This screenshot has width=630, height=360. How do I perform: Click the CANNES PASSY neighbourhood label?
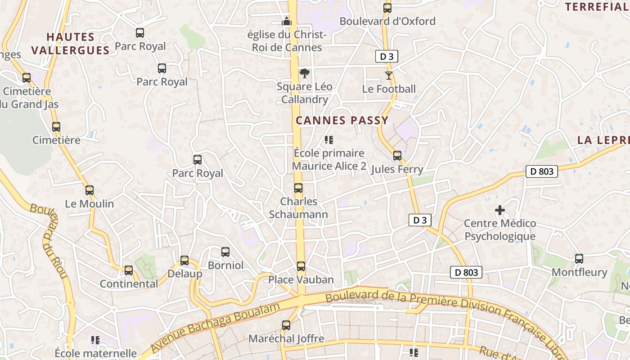[x=342, y=120]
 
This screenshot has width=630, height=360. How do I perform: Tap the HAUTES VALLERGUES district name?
[x=71, y=43]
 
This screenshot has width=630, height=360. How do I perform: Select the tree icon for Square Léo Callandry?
[x=305, y=73]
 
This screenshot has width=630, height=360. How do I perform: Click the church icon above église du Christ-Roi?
[x=286, y=21]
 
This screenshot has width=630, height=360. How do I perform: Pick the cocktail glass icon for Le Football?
[x=389, y=76]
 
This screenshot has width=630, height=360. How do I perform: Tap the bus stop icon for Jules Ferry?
[x=397, y=156]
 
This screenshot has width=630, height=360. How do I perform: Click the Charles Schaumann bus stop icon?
[x=298, y=188]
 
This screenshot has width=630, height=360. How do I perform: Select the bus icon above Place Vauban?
[x=301, y=266]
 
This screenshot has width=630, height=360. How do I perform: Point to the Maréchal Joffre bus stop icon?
[x=286, y=325]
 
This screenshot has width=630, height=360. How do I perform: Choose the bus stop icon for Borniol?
[x=225, y=252]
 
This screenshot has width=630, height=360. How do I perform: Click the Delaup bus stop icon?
[x=184, y=261]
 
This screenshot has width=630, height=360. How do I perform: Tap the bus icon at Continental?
[x=129, y=270]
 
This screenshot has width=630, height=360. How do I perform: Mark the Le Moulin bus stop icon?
[x=90, y=190]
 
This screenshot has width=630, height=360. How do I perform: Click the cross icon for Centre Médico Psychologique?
[x=499, y=210]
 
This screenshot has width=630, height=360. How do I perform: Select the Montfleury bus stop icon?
[x=579, y=259]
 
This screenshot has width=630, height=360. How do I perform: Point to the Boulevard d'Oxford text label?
[x=387, y=21]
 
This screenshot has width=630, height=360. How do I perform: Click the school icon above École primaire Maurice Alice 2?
[x=329, y=140]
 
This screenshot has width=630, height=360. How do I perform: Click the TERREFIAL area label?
[x=597, y=7]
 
